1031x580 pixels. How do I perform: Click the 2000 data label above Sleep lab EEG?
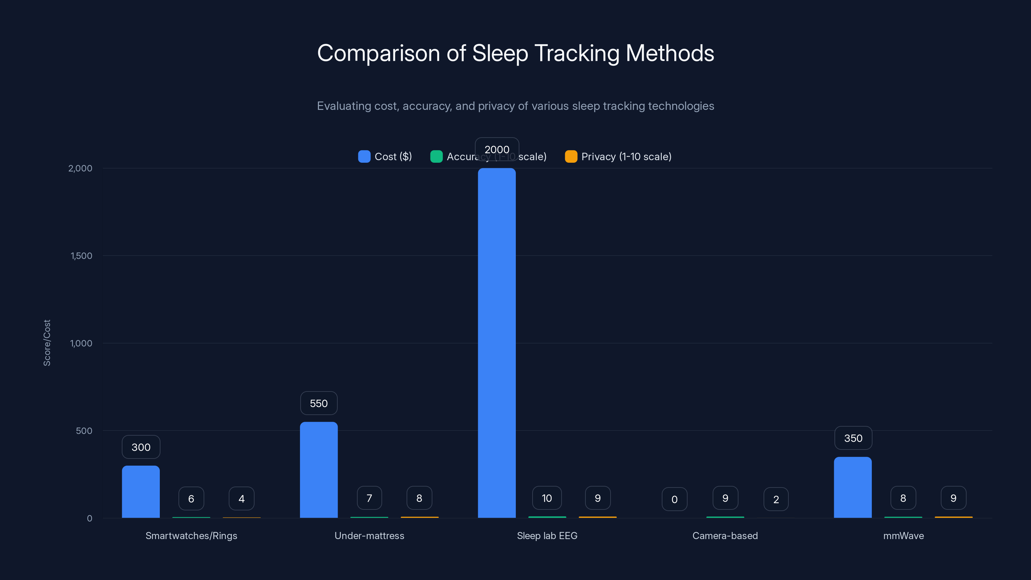coord(497,149)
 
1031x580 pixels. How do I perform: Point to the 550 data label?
coord(319,403)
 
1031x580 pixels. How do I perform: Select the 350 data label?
coord(853,438)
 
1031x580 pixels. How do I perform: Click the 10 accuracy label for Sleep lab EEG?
coord(547,498)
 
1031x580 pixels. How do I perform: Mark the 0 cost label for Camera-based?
coord(674,499)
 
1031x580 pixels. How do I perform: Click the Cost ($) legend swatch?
coord(364,157)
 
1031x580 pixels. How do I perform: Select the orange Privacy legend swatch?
coord(571,157)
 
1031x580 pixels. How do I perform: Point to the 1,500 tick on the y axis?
coord(81,256)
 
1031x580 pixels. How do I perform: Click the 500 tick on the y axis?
coord(84,431)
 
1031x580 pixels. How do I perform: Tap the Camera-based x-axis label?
coord(725,536)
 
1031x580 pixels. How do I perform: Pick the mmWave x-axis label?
coord(903,536)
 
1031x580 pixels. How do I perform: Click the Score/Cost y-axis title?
coord(47,343)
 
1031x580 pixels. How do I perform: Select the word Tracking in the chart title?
coord(577,53)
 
